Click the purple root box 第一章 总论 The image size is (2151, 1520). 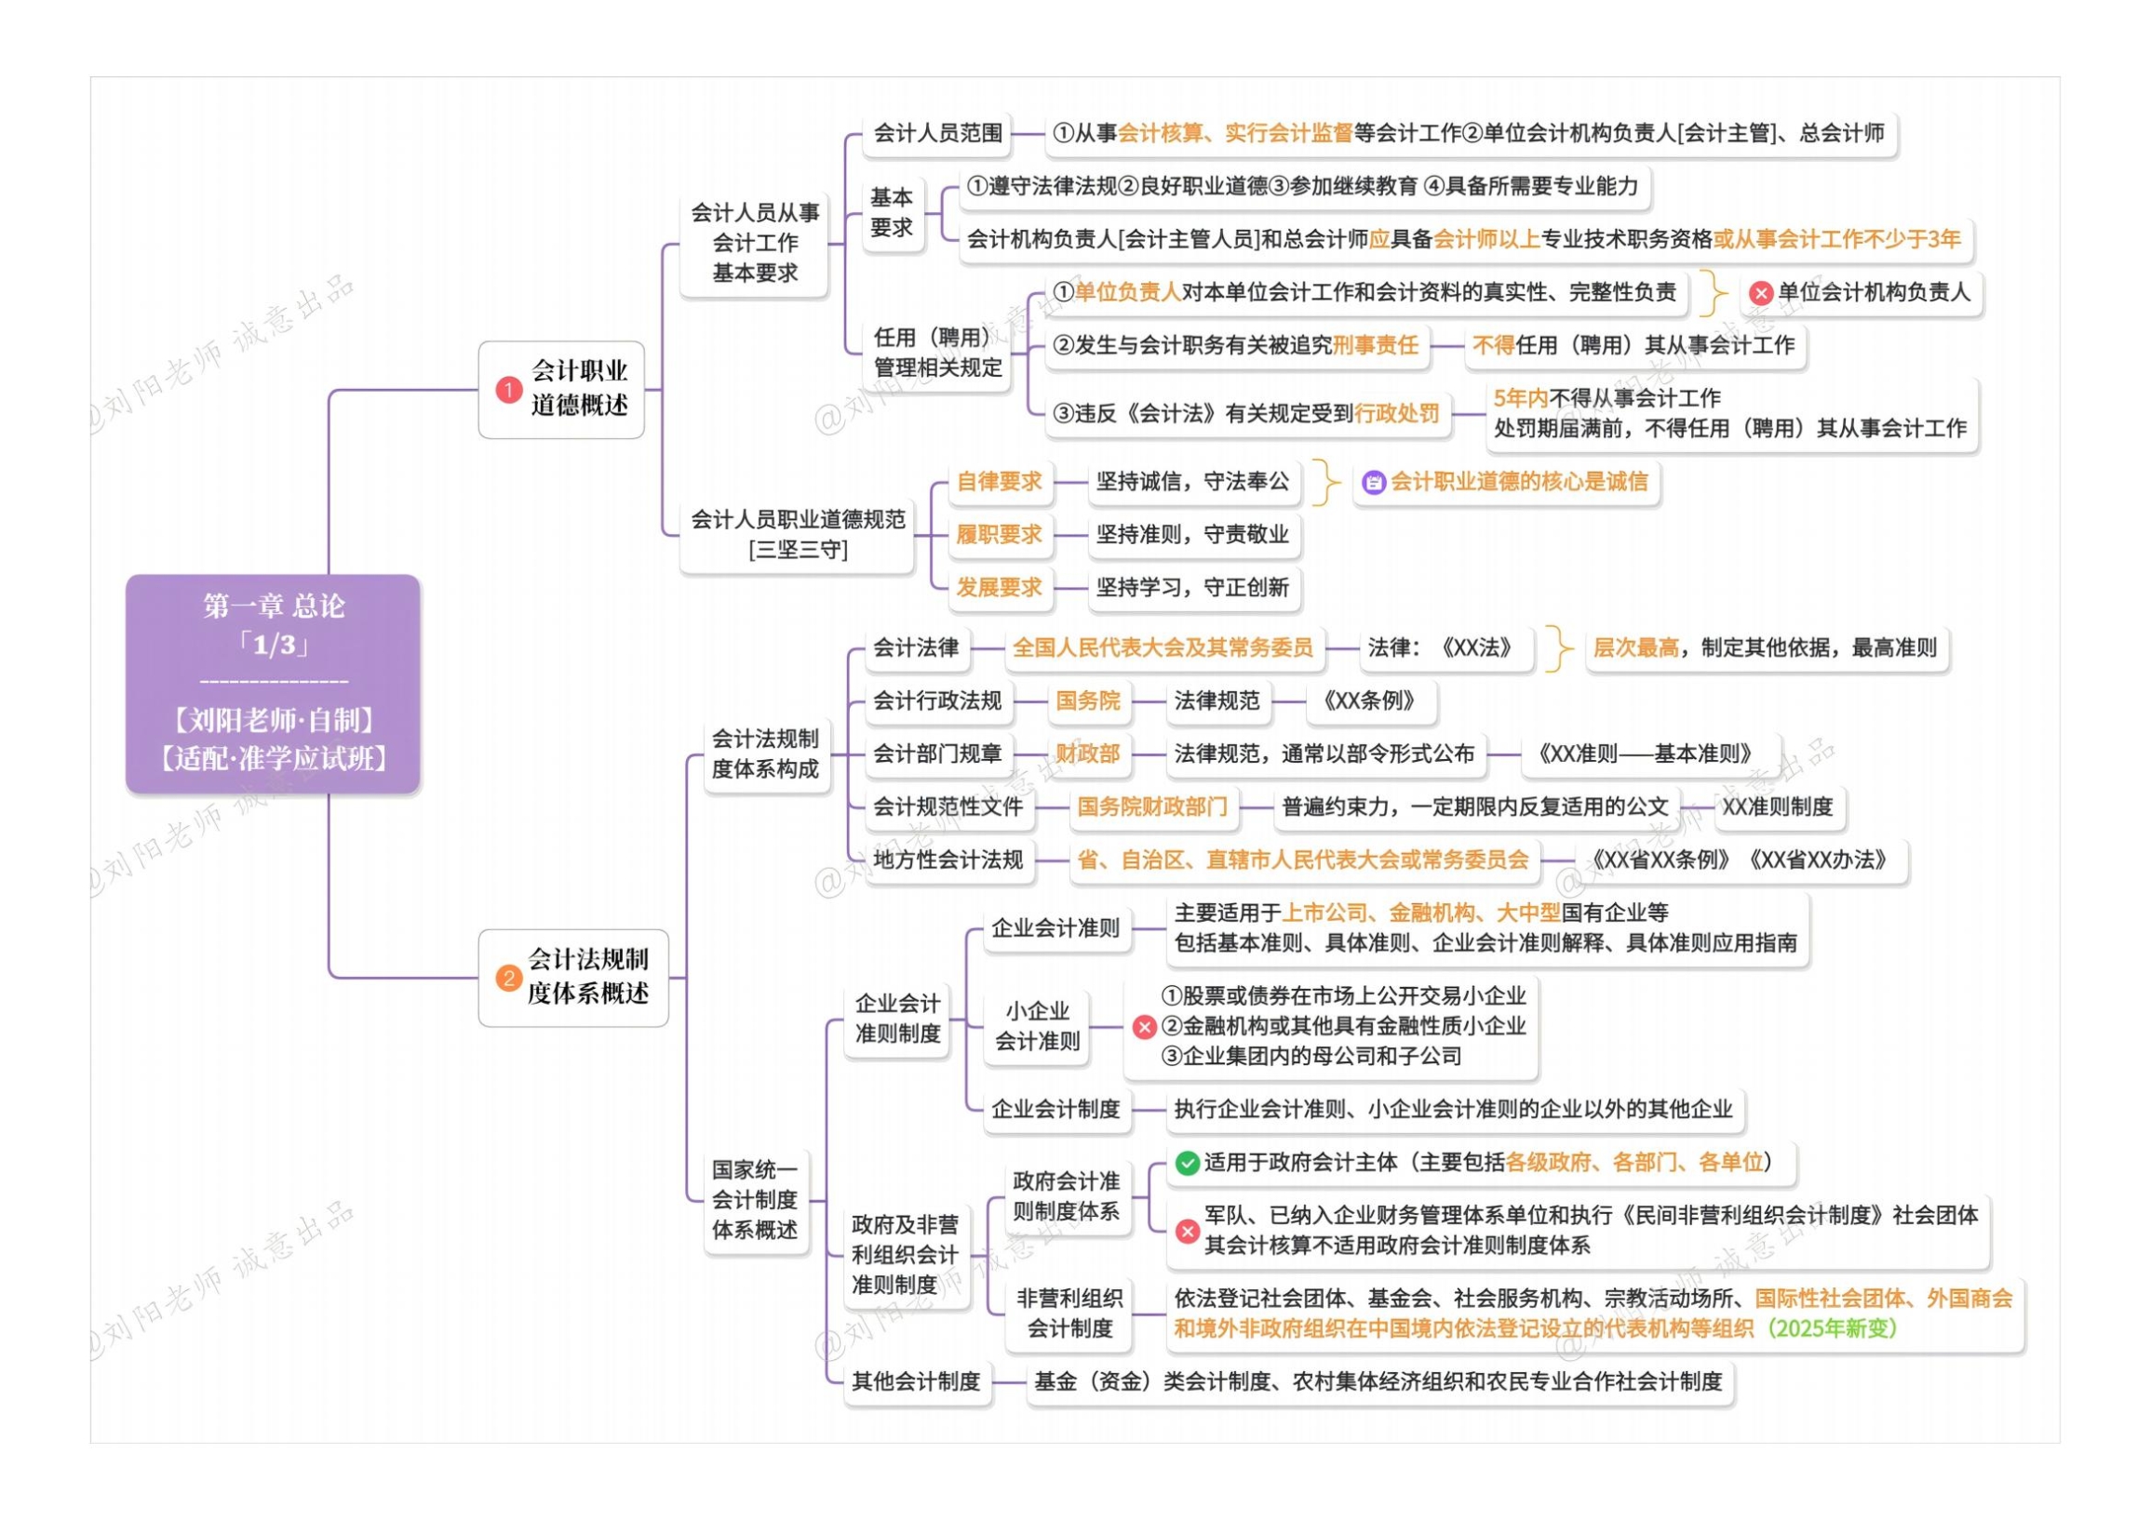pos(273,684)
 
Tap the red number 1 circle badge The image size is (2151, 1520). pos(508,390)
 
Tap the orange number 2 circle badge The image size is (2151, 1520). pos(508,979)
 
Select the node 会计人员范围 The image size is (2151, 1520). pos(938,133)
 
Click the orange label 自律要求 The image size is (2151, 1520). pos(999,481)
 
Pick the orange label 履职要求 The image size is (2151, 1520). pos(999,535)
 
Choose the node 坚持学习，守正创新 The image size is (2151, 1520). pos(1191,588)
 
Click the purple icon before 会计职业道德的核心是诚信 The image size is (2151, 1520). pos(1374,483)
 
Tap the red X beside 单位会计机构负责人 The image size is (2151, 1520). pos(1760,293)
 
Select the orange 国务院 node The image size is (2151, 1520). pos(1088,700)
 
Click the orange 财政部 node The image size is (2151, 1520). pos(1088,753)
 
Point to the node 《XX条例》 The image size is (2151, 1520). pos(1369,700)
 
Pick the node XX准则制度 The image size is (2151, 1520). pos(1777,807)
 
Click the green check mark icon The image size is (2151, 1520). pos(1187,1163)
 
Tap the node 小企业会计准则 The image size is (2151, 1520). pos(1037,1026)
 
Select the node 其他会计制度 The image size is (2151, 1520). pos(916,1381)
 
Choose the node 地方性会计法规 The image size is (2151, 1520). pos(948,860)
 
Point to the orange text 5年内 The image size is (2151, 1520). pos(1520,398)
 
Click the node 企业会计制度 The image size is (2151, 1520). pos(1055,1110)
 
